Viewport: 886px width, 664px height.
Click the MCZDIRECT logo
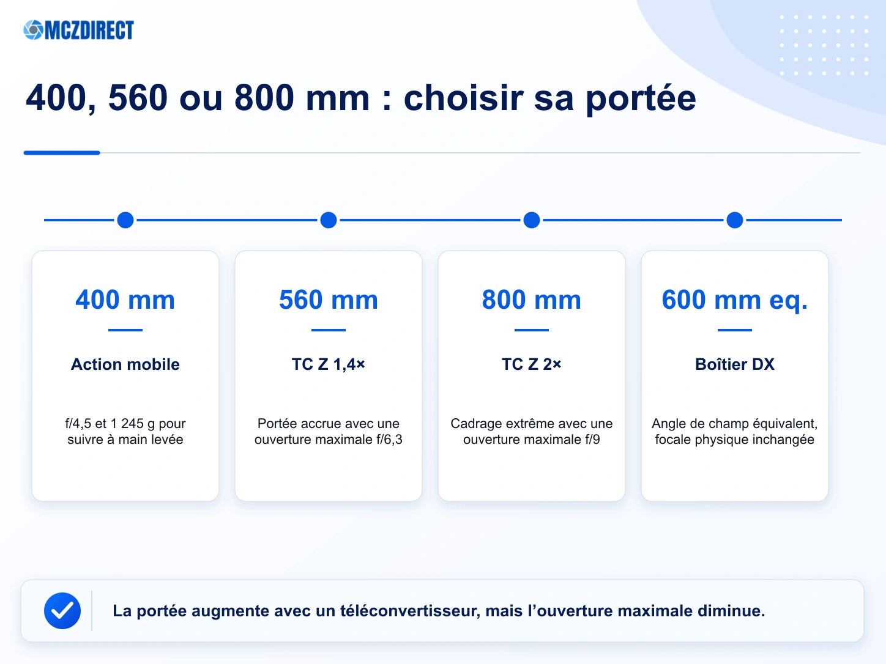79,30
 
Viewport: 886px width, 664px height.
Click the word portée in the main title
641,99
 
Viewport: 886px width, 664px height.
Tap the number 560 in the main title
138,98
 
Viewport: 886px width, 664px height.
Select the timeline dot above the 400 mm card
125,220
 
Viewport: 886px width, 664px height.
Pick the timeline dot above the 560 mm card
329,220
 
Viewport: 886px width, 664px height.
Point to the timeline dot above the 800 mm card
532,220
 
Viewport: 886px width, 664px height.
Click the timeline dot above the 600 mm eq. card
735,220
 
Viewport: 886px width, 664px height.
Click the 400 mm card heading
125,300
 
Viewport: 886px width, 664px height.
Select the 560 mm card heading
329,300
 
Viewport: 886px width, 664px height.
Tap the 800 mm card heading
532,300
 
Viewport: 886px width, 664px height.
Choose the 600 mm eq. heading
735,301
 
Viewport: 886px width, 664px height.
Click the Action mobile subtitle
125,364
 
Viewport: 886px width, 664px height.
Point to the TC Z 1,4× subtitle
329,364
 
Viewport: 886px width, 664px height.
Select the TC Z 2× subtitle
532,364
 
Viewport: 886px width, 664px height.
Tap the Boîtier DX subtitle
735,364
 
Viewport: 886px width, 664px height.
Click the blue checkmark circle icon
62,611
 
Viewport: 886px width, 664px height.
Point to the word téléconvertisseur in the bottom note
410,611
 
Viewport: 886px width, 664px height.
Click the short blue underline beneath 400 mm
125,330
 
